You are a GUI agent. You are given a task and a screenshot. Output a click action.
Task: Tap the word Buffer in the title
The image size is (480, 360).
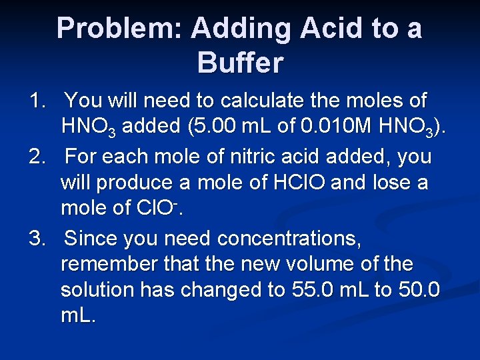tap(240, 63)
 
